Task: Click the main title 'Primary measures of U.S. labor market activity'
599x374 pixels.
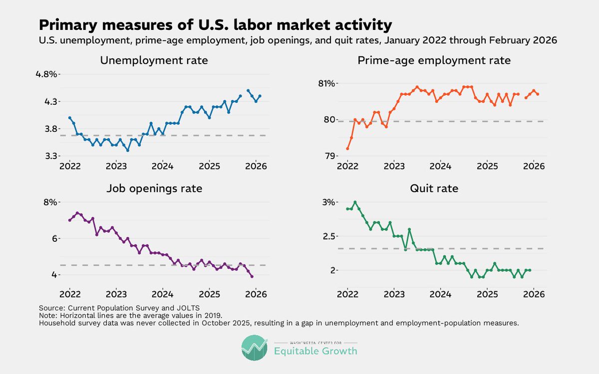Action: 215,25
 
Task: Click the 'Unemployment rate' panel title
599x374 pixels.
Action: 154,61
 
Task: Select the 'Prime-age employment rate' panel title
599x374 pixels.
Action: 434,61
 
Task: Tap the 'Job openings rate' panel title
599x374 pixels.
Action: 154,188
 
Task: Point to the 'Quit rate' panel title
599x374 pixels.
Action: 434,188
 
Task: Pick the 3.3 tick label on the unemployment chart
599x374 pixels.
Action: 47,156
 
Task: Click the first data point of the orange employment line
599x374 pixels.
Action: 347,149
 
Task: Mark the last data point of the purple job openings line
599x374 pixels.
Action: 252,276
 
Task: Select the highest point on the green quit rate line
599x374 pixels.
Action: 355,202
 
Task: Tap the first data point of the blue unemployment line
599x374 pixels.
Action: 69,118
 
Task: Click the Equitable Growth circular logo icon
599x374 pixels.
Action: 255,348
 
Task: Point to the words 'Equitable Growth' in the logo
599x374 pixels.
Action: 315,351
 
